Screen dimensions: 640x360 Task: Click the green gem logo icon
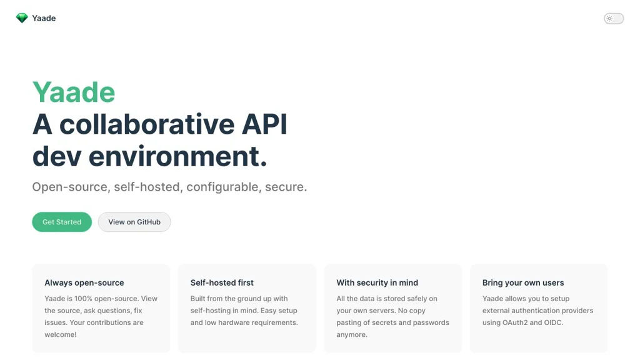coord(22,18)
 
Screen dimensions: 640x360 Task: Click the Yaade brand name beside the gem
coord(44,18)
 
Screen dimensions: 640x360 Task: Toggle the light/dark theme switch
coord(614,18)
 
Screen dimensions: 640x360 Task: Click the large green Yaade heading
coord(74,92)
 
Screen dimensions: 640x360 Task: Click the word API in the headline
coord(264,124)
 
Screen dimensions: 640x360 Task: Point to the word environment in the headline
coord(178,156)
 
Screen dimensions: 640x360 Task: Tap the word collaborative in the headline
coord(147,124)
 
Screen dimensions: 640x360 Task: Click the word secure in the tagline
coord(284,187)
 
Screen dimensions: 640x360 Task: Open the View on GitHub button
coord(134,222)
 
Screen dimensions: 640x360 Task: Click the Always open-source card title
coord(84,282)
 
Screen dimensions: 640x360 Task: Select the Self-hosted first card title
coord(222,282)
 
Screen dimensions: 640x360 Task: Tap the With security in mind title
coord(377,282)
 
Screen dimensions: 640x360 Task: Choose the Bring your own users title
coord(523,282)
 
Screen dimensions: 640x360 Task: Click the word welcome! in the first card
coord(61,334)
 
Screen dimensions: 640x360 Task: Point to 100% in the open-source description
coord(83,298)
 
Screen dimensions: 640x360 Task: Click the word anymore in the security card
coord(351,335)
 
